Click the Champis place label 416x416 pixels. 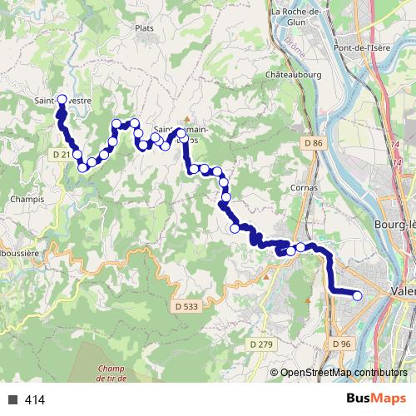coord(27,200)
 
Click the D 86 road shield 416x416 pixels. coord(313,143)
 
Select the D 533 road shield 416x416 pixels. coord(188,307)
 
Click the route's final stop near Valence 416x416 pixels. coord(358,295)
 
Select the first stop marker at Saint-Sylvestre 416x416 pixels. coord(62,99)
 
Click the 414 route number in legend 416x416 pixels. coord(35,400)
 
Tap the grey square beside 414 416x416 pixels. coord(12,400)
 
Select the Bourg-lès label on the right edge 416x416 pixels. coord(395,202)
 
